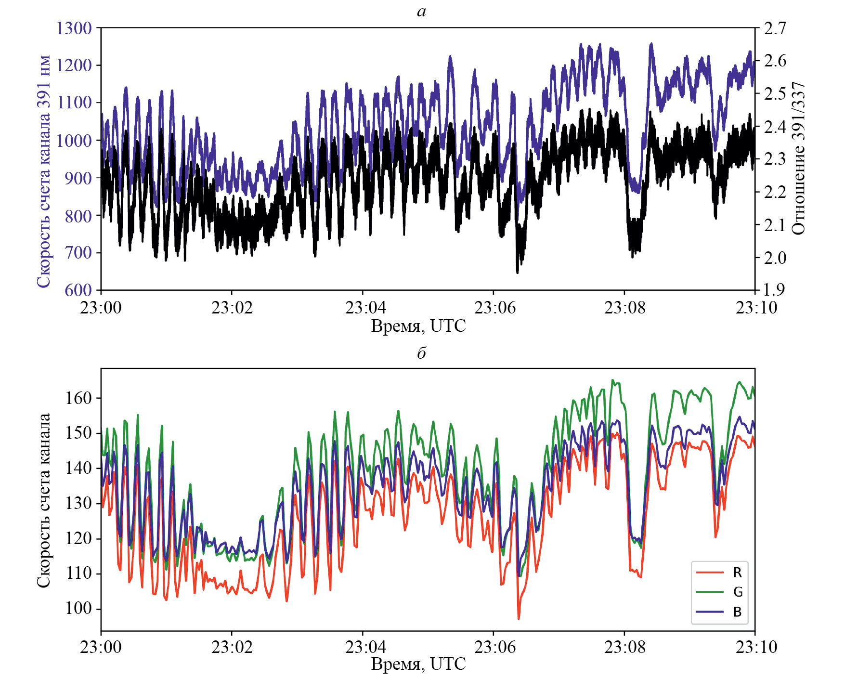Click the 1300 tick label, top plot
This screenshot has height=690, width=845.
[74, 28]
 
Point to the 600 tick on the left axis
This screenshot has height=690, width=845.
[78, 290]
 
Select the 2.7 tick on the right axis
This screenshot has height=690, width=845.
[775, 28]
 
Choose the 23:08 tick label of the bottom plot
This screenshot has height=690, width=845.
[624, 647]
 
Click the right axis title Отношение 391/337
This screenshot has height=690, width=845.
[798, 158]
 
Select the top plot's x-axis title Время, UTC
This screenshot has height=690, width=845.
[418, 326]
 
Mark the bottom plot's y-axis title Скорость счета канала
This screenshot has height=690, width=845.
[43, 500]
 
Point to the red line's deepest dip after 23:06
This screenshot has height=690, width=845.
[519, 618]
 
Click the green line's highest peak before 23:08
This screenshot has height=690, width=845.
[612, 380]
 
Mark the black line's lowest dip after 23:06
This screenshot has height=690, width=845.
[518, 273]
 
